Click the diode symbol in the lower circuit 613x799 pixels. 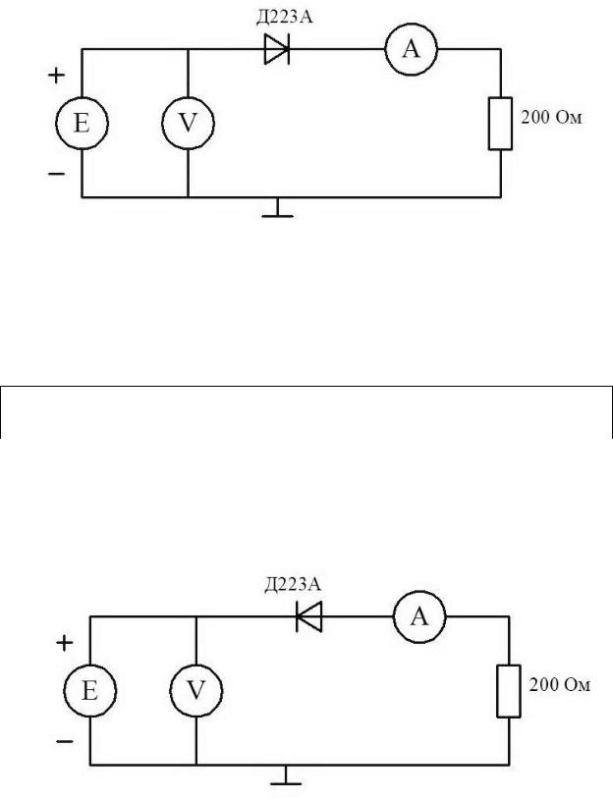coord(309,616)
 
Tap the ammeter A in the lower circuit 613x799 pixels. coord(419,616)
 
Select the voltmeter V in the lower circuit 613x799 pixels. coord(196,691)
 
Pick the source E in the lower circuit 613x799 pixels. coord(89,691)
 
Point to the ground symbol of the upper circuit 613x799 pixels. coord(279,208)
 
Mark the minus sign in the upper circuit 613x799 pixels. coord(57,174)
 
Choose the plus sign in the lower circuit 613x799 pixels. coord(66,643)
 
